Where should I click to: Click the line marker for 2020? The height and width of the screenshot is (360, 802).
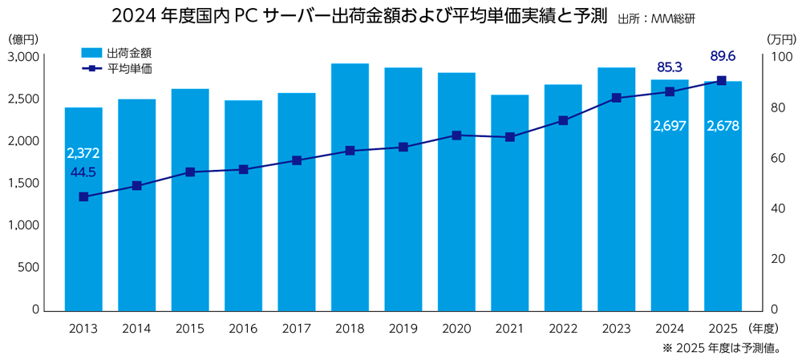click(456, 136)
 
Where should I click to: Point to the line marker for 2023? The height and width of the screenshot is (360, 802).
click(616, 98)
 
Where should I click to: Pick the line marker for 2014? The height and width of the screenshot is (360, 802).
click(136, 185)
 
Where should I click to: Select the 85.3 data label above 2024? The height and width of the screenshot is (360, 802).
click(670, 66)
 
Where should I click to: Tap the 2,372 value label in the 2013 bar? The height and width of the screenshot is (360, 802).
click(83, 153)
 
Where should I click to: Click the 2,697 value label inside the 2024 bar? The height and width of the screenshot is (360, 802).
click(669, 126)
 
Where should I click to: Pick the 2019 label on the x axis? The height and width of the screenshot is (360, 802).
click(403, 329)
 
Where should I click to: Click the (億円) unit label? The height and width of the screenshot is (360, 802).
click(23, 38)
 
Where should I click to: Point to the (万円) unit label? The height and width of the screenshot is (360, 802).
click(780, 38)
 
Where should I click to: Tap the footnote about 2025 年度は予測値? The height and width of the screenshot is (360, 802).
click(722, 348)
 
